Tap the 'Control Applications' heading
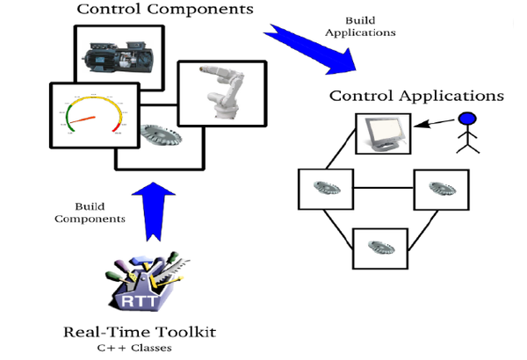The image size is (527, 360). [x=416, y=95]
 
